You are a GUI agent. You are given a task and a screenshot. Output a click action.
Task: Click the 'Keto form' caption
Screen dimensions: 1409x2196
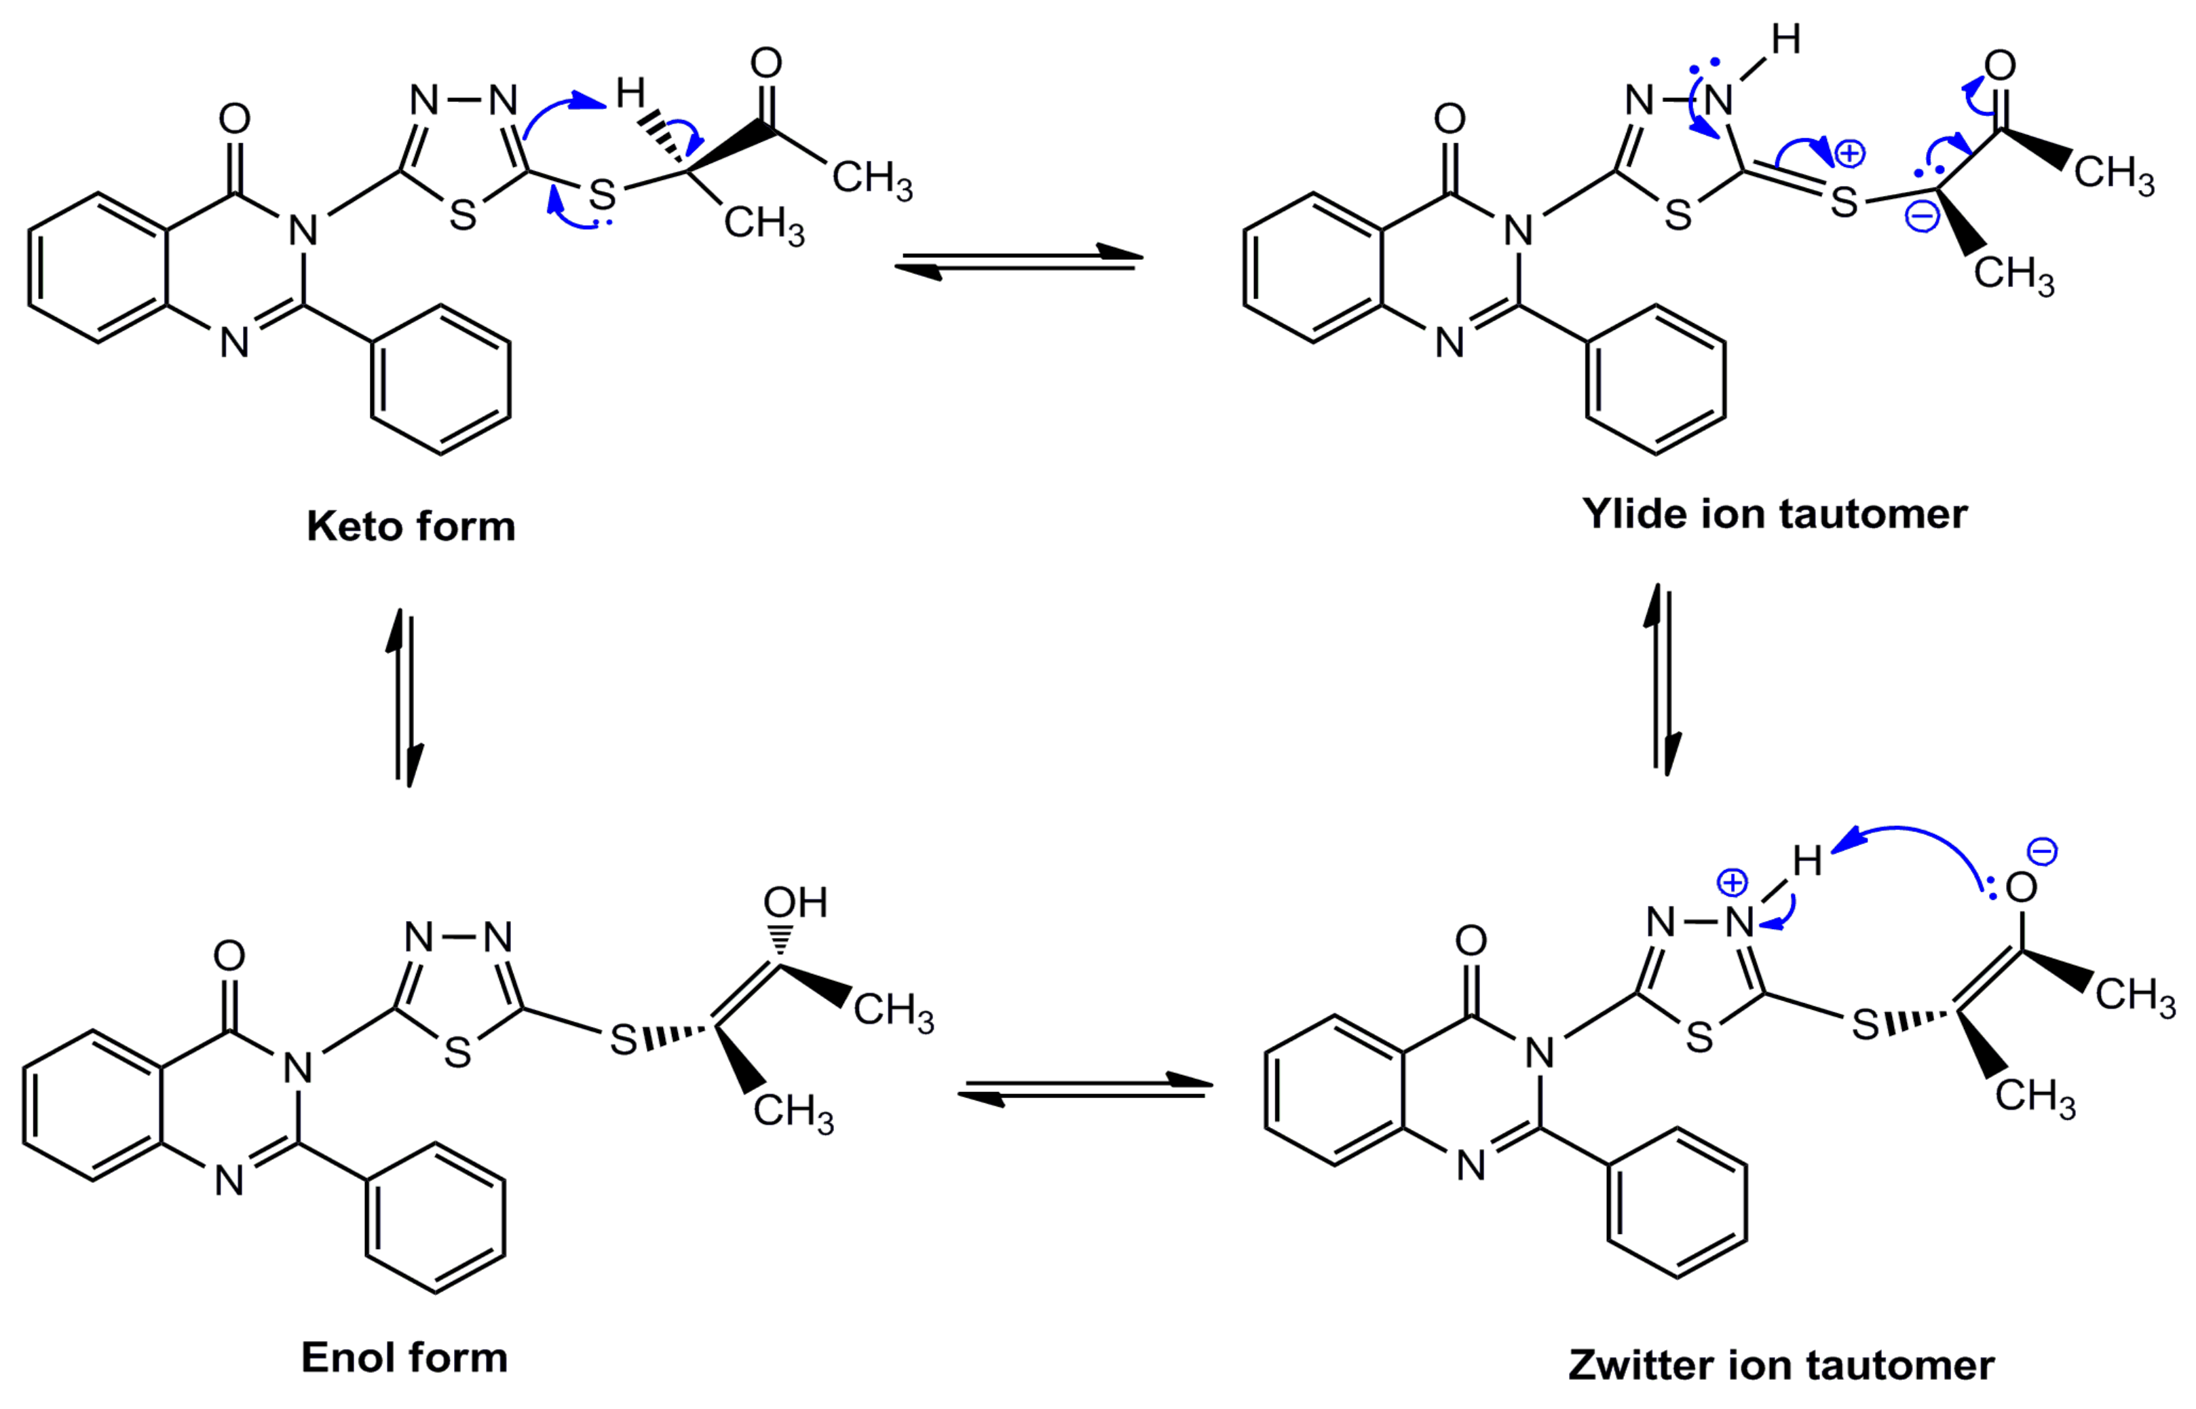(x=411, y=527)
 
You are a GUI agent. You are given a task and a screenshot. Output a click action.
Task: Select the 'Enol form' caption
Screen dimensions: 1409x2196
(x=404, y=1358)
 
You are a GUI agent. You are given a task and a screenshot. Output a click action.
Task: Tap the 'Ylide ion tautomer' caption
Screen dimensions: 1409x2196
(x=1775, y=514)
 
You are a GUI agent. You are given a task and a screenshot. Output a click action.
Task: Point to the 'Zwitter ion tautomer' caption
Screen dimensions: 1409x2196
(x=1781, y=1365)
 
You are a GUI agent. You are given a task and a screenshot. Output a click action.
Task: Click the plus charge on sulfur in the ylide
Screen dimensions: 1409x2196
(x=1849, y=153)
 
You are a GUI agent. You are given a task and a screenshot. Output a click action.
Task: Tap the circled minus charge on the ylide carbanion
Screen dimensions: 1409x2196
(x=1923, y=217)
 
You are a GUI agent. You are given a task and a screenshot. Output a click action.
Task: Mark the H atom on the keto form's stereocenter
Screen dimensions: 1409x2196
(x=630, y=92)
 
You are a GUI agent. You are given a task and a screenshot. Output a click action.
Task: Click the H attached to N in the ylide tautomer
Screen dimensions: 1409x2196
(x=1786, y=40)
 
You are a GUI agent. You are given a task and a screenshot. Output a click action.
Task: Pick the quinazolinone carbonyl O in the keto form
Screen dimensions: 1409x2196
(x=234, y=118)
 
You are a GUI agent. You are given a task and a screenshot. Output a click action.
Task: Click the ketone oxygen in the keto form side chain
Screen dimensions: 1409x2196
(x=765, y=63)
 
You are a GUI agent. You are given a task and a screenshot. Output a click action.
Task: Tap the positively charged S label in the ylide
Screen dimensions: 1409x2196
(x=1844, y=202)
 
